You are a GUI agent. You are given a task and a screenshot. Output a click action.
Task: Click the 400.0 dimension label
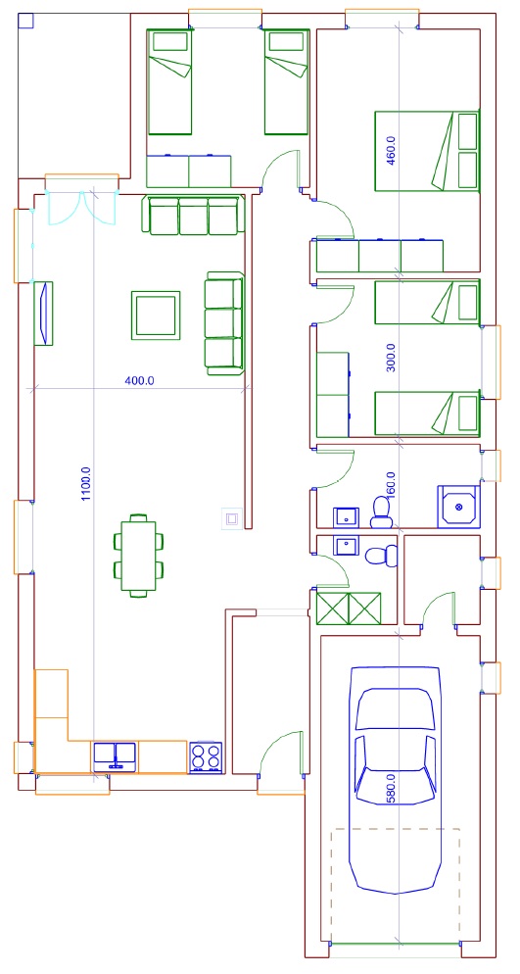pos(140,381)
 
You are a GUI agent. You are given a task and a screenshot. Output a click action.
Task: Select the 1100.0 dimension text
pos(86,484)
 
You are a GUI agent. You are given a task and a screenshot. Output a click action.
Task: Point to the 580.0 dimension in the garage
pos(391,789)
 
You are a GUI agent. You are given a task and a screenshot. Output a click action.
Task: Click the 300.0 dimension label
pos(391,358)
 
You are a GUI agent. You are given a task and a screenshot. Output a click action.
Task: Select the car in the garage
pos(395,780)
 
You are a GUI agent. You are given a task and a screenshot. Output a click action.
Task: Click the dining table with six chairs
pos(139,556)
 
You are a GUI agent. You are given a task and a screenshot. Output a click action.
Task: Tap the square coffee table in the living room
pos(156,315)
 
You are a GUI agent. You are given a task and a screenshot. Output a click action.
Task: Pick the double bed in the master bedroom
pos(427,151)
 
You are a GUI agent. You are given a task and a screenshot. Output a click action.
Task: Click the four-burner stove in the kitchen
pos(206,757)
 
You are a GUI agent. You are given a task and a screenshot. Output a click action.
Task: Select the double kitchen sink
pos(115,756)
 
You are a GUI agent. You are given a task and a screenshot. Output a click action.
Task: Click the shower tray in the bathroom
pos(459,507)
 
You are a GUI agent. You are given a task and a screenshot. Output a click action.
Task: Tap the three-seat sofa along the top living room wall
pos(194,215)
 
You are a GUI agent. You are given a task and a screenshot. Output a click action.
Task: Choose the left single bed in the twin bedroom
pos(169,81)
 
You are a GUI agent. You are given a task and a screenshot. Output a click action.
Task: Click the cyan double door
pos(82,208)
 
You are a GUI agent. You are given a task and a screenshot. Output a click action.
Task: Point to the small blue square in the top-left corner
pos(25,22)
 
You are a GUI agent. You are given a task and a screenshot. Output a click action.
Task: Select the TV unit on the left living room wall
pos(43,314)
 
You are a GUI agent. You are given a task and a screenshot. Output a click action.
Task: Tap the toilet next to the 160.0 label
pos(380,512)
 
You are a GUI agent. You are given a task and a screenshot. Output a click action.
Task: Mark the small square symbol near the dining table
pos(231,518)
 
